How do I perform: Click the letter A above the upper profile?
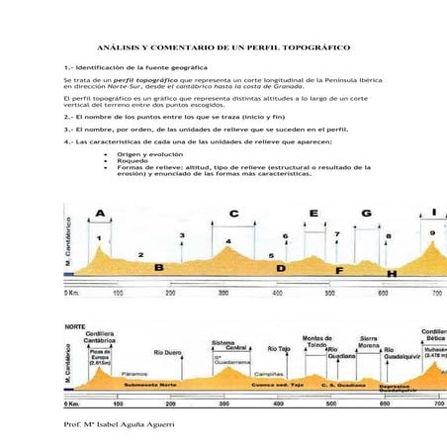tap(100, 214)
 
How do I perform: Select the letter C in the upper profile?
tap(233, 214)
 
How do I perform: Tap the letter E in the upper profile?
tap(313, 214)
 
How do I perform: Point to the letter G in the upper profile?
tap(366, 214)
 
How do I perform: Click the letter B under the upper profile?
tap(158, 268)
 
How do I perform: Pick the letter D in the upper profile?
tap(281, 268)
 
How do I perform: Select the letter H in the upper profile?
tap(392, 273)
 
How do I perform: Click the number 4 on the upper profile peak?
tap(228, 241)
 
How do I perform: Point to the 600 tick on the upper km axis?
tap(384, 294)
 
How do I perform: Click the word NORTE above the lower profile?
tap(75, 325)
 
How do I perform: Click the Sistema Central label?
tap(229, 344)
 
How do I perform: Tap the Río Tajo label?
tap(279, 349)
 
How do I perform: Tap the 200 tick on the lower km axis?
tap(171, 404)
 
